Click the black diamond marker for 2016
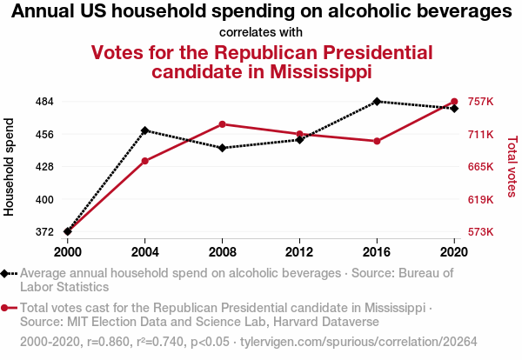377,102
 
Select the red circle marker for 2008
222,124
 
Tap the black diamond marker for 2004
144,130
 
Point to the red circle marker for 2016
377,141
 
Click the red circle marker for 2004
144,161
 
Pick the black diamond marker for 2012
299,139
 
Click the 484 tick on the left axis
45,102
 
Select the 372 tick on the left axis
45,232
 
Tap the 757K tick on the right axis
480,102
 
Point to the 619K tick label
480,199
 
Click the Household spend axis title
10,167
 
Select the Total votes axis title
512,167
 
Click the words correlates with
261,32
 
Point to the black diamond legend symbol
7,273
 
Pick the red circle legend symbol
7,308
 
